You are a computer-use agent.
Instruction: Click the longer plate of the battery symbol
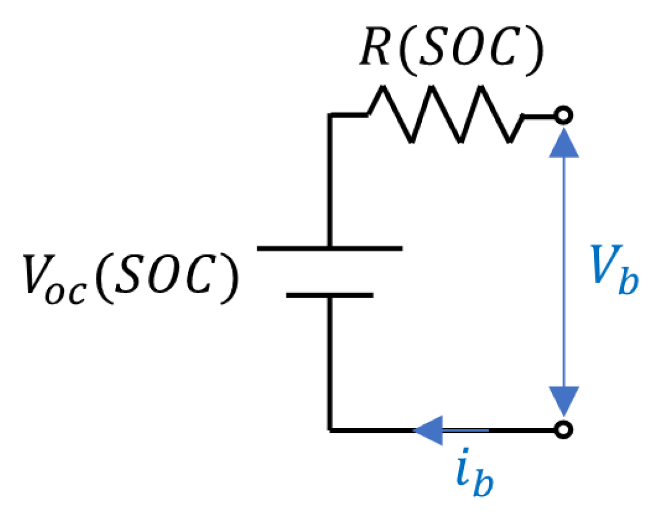click(329, 248)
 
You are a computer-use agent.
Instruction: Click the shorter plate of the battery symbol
click(329, 295)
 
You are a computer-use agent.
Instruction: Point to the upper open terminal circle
click(564, 114)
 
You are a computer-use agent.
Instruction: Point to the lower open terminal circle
click(564, 430)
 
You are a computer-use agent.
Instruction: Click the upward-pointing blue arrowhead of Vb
click(564, 142)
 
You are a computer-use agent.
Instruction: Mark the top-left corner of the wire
click(330, 114)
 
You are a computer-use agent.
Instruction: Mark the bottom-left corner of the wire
click(330, 430)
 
